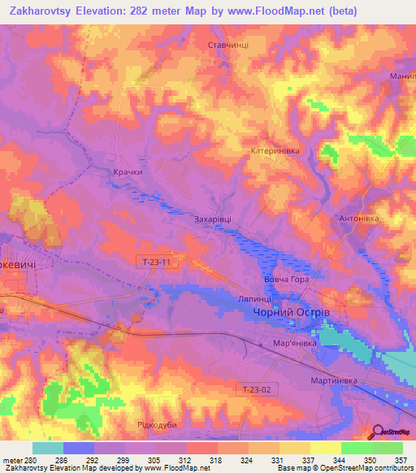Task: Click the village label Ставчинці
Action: pos(228,46)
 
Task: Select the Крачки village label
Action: pos(128,172)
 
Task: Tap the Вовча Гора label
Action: pos(287,280)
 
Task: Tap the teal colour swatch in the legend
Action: pos(48,448)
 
